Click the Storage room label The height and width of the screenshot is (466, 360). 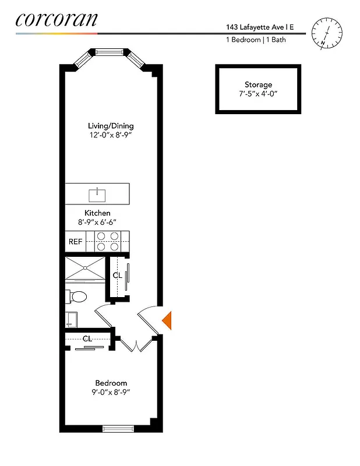pyautogui.click(x=258, y=85)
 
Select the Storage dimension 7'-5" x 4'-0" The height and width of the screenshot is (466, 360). pyautogui.click(x=258, y=94)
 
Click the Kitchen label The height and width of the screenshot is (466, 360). pyautogui.click(x=97, y=213)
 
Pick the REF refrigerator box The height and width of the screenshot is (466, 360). pyautogui.click(x=76, y=241)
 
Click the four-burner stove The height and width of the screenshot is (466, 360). pyautogui.click(x=107, y=241)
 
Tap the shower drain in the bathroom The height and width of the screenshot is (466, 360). pyautogui.click(x=86, y=269)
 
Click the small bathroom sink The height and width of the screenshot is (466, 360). pyautogui.click(x=71, y=319)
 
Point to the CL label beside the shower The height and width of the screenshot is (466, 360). pyautogui.click(x=117, y=275)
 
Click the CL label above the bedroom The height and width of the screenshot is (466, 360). pyautogui.click(x=87, y=338)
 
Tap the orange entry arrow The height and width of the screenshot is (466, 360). pyautogui.click(x=166, y=320)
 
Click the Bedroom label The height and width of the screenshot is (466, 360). pyautogui.click(x=111, y=383)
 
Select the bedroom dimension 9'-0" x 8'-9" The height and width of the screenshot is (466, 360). pyautogui.click(x=111, y=392)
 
